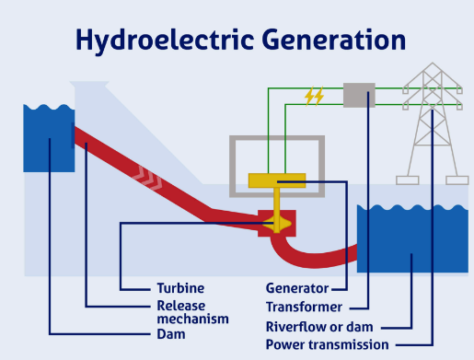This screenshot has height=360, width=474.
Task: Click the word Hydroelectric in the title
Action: (155, 40)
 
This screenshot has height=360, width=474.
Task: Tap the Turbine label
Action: (179, 288)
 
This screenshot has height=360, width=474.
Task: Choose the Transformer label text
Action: (304, 307)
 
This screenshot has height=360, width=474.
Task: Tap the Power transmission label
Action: (327, 344)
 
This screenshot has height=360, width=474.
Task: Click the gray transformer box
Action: (359, 94)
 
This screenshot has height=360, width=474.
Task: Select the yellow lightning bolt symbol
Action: (314, 95)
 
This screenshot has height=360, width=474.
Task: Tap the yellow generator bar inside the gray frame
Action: (276, 181)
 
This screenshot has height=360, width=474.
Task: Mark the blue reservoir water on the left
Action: (48, 138)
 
